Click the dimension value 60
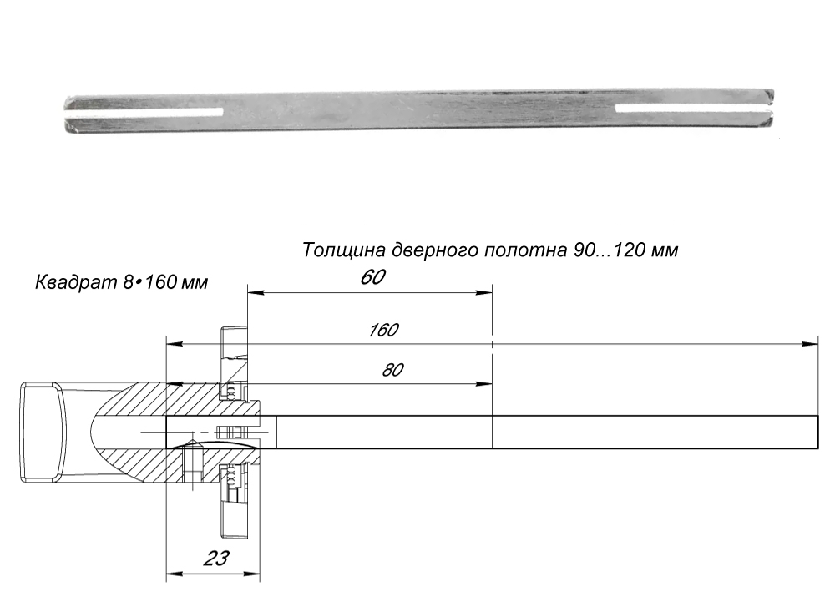point(372,277)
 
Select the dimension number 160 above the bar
point(383,330)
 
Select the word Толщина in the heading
point(337,250)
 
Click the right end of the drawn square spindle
point(817,432)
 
